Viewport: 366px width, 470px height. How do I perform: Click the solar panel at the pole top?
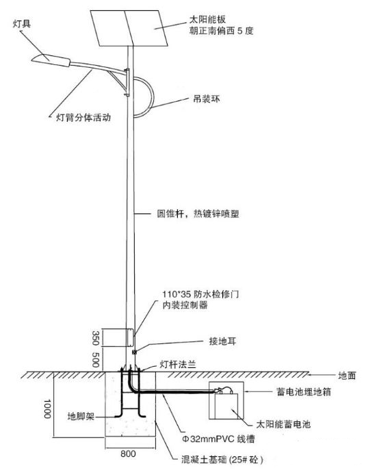point(129,28)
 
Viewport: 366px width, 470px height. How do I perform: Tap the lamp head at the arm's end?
point(51,60)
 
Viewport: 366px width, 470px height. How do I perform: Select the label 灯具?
point(22,24)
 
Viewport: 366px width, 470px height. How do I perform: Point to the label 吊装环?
point(207,99)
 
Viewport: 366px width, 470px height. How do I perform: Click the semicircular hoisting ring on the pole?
point(153,95)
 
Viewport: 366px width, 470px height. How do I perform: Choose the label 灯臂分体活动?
point(83,117)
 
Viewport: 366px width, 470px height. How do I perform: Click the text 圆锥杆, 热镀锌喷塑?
point(198,213)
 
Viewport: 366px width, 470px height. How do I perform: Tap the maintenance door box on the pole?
point(130,337)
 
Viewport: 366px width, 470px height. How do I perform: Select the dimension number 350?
point(96,338)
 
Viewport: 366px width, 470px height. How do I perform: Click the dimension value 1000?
point(47,408)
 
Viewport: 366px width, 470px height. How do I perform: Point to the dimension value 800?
point(129,454)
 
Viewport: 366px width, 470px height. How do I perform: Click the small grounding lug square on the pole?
point(134,352)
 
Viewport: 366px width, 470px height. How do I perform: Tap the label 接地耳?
point(222,341)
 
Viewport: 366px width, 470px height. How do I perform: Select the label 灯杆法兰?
point(178,365)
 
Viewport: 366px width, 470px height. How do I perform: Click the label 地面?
point(347,376)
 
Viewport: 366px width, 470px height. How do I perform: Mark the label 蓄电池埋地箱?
point(304,392)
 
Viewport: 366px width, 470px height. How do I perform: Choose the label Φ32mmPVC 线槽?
point(218,439)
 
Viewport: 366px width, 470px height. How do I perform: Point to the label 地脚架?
point(81,417)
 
